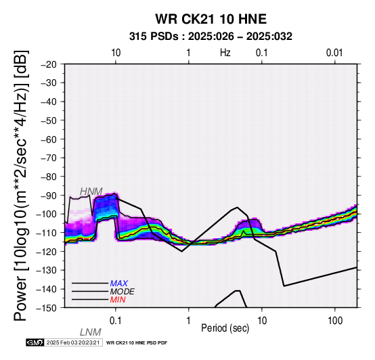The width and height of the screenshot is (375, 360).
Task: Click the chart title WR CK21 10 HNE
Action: pyautogui.click(x=211, y=19)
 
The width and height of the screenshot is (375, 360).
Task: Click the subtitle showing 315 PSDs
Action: pyautogui.click(x=211, y=37)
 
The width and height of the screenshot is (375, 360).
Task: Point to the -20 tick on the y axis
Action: pyautogui.click(x=49, y=64)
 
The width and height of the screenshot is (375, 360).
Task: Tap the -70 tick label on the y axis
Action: pyautogui.click(x=49, y=158)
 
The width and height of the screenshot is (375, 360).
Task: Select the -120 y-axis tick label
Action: pyautogui.click(x=47, y=251)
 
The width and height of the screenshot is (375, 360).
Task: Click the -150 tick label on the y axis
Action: pyautogui.click(x=47, y=308)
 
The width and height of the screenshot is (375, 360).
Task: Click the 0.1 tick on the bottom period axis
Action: pyautogui.click(x=115, y=321)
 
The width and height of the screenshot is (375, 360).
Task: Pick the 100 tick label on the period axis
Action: pyautogui.click(x=335, y=321)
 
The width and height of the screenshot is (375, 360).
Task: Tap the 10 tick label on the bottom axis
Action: pyautogui.click(x=262, y=321)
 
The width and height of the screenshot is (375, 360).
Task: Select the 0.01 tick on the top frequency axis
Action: pyautogui.click(x=334, y=53)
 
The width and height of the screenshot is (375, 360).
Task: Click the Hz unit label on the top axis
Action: pyautogui.click(x=225, y=53)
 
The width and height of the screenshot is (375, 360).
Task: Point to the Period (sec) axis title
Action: pyautogui.click(x=225, y=328)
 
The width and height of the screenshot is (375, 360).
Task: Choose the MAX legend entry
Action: pyautogui.click(x=119, y=284)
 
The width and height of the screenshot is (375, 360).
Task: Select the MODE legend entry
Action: pyautogui.click(x=123, y=292)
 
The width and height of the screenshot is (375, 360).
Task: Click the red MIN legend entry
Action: pyautogui.click(x=118, y=300)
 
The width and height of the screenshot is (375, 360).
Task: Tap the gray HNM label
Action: pyautogui.click(x=91, y=192)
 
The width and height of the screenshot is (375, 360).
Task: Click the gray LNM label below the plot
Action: pyautogui.click(x=91, y=332)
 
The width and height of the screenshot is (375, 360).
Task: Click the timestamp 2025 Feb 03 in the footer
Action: pyautogui.click(x=73, y=342)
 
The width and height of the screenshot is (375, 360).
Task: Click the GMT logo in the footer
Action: pyautogui.click(x=35, y=342)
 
